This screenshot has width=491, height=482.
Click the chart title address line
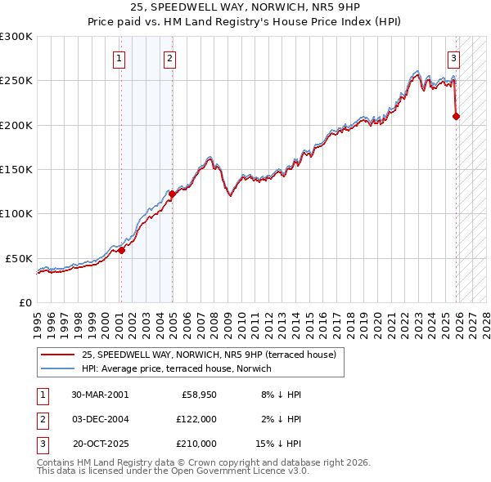pyautogui.click(x=245, y=7)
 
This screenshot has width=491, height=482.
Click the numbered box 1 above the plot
pyautogui.click(x=119, y=58)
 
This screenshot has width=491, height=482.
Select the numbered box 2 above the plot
pyautogui.click(x=169, y=58)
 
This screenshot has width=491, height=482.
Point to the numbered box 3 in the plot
pyautogui.click(x=453, y=58)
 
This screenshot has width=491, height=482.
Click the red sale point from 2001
pyautogui.click(x=121, y=251)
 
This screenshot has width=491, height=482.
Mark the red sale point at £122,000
pyautogui.click(x=172, y=194)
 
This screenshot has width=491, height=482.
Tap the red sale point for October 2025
pyautogui.click(x=456, y=117)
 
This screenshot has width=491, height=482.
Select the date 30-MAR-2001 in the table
pyautogui.click(x=99, y=395)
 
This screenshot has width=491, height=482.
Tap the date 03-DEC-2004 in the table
pyautogui.click(x=99, y=419)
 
